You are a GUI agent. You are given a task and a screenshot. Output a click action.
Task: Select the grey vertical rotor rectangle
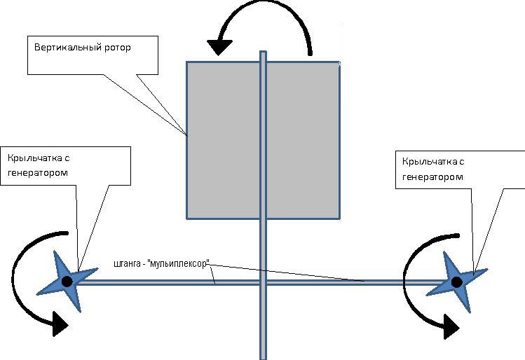point(224,140)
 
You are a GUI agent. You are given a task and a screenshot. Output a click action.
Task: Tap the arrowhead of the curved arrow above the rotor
point(220,47)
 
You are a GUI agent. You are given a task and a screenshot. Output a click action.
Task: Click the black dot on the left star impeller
point(67,282)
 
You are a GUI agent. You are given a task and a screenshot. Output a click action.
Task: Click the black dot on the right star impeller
point(456,282)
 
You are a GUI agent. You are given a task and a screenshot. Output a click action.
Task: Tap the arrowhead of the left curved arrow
point(60,324)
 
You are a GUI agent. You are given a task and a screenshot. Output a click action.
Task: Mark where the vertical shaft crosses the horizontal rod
point(263,282)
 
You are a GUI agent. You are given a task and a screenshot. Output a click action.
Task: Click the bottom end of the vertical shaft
point(263,356)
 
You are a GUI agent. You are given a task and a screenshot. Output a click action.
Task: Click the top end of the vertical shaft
point(263,53)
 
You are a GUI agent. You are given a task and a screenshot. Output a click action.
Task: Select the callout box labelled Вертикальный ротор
point(84,56)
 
